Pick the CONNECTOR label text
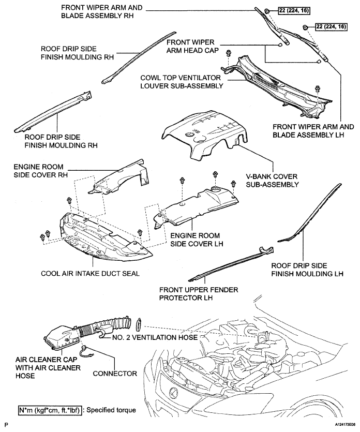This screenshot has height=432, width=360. pyautogui.click(x=115, y=374)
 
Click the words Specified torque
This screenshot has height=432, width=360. pyautogui.click(x=111, y=410)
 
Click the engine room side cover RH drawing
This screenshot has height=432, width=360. pyautogui.click(x=119, y=178)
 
